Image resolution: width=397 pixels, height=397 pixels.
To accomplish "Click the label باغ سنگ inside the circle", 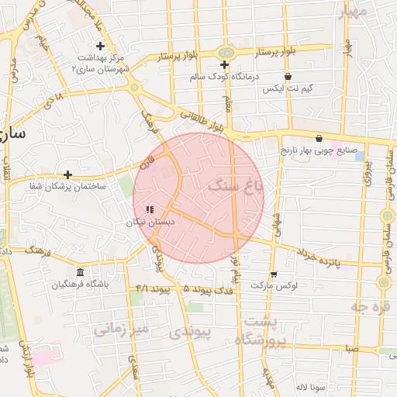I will [x=236, y=187].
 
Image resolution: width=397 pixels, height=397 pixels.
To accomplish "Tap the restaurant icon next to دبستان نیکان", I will [x=150, y=209].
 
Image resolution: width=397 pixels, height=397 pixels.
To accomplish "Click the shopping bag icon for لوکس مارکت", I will [x=274, y=274].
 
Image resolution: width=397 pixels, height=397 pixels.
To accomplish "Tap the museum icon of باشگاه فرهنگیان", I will [x=81, y=272].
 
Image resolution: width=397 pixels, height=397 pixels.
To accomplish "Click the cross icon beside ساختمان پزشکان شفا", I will [x=68, y=174].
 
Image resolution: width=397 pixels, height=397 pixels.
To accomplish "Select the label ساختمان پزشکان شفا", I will [x=67, y=186].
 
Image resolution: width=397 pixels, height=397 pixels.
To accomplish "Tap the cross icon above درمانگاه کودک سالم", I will [x=224, y=64].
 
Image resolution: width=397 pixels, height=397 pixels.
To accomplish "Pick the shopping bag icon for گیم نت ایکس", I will [x=288, y=77].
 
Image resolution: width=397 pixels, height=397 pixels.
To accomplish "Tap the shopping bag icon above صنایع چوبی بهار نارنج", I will [x=319, y=138].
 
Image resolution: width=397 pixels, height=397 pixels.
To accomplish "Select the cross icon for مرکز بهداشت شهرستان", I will [x=100, y=47].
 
